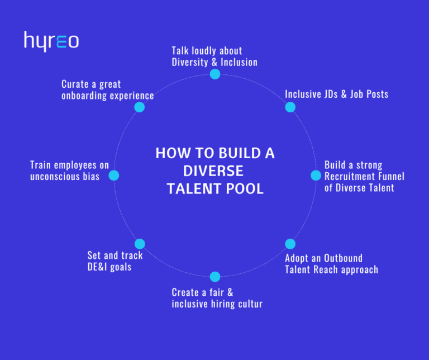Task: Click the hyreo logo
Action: (x=51, y=41)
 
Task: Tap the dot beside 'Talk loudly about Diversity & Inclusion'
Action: (x=215, y=74)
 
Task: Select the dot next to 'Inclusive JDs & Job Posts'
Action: (x=290, y=107)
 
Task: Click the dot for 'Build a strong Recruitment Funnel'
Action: (x=316, y=176)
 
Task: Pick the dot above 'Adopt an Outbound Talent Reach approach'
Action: (x=290, y=244)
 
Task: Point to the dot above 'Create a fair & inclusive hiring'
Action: (x=215, y=277)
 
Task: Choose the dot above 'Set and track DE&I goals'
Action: (x=140, y=244)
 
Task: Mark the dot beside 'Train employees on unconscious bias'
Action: (x=114, y=176)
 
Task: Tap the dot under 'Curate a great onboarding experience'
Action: (x=140, y=107)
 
